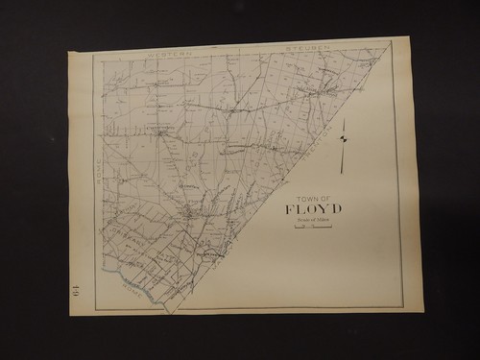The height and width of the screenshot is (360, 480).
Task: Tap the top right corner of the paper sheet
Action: click(410, 38)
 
